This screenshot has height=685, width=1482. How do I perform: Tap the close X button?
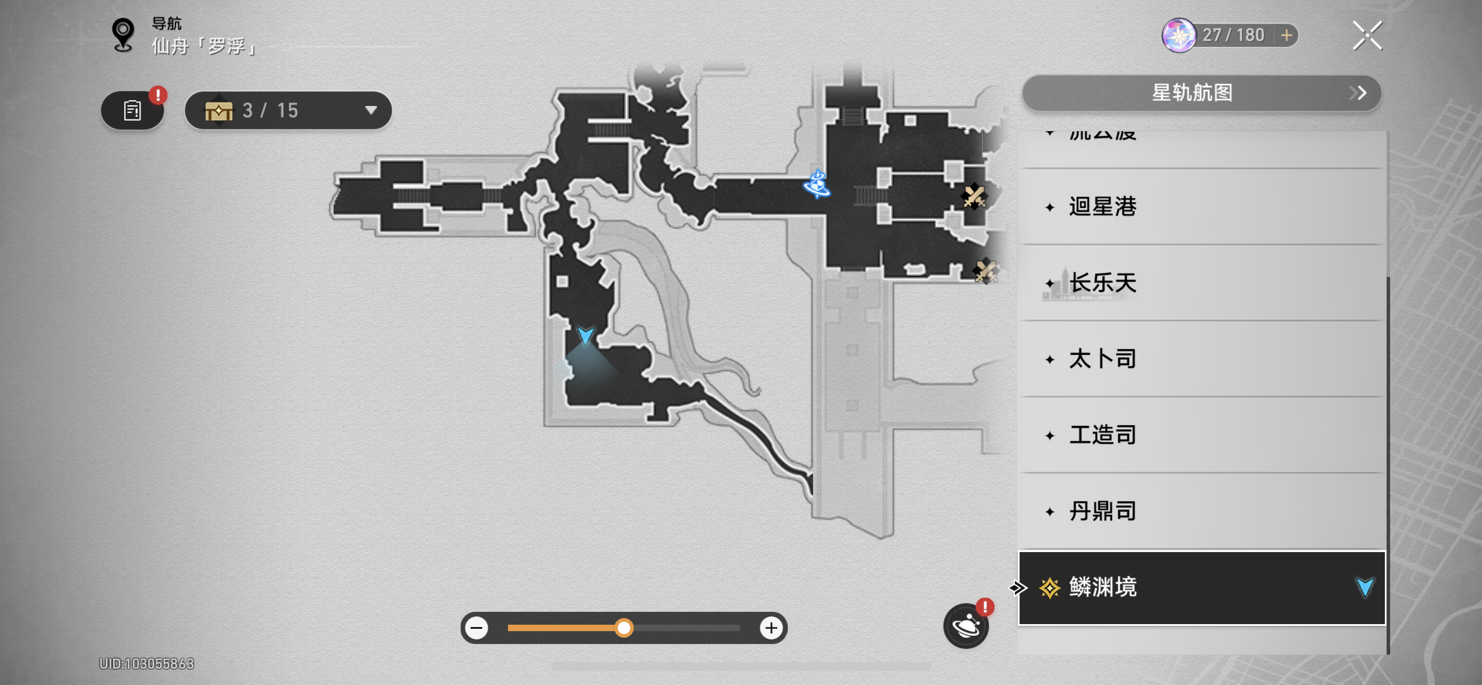(x=1367, y=36)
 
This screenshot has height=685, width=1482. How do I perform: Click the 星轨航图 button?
(x=1201, y=93)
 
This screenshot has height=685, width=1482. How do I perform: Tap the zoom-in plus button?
(x=771, y=628)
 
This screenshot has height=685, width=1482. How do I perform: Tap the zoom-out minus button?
(x=477, y=628)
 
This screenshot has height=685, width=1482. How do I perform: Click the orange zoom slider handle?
(x=624, y=628)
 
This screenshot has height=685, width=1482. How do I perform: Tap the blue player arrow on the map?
(x=585, y=336)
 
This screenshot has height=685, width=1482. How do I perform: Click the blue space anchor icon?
(x=817, y=184)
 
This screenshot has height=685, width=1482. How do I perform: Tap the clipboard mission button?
(x=132, y=110)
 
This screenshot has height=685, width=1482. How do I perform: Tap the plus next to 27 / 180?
(x=1287, y=35)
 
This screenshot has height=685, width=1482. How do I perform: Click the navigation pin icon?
(x=123, y=35)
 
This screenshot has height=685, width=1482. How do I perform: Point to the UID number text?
(x=146, y=663)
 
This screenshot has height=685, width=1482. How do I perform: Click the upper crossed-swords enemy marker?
(x=974, y=196)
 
